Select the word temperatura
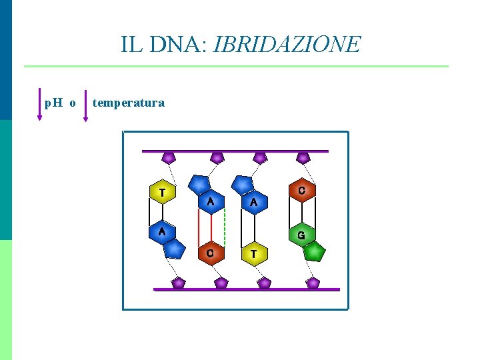[x=129, y=103]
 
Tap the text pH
[x=53, y=103]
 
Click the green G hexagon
[x=301, y=235]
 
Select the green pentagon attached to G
[x=315, y=253]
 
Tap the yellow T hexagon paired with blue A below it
[x=161, y=193]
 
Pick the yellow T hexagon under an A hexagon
[x=253, y=253]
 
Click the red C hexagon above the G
[x=301, y=191]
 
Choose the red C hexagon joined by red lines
[x=210, y=253]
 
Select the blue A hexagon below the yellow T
[x=161, y=232]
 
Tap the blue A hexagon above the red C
[x=211, y=201]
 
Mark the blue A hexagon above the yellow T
[x=253, y=201]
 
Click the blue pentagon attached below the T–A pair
[x=174, y=249]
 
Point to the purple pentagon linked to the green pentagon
[x=313, y=283]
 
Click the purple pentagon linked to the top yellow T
[x=169, y=158]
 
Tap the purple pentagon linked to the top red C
[x=303, y=158]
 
